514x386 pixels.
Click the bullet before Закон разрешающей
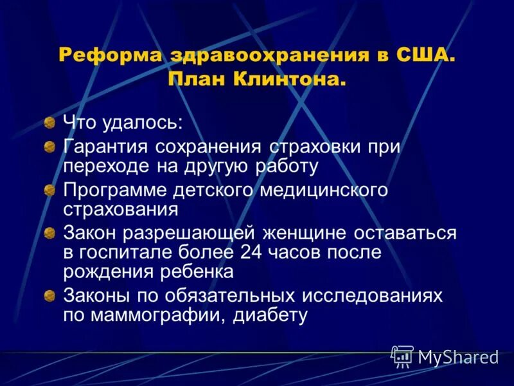tap(49, 233)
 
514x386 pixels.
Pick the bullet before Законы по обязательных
tap(49, 296)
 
